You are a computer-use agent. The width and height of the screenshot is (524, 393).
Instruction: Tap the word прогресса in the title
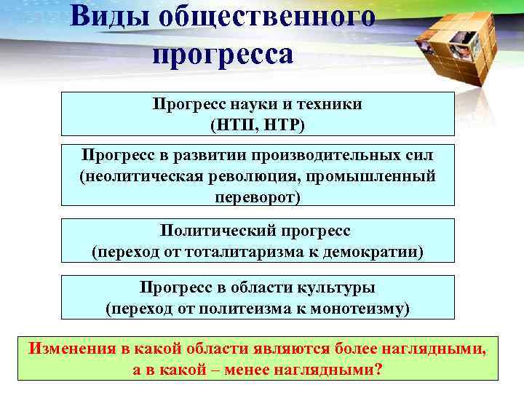coord(223,55)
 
